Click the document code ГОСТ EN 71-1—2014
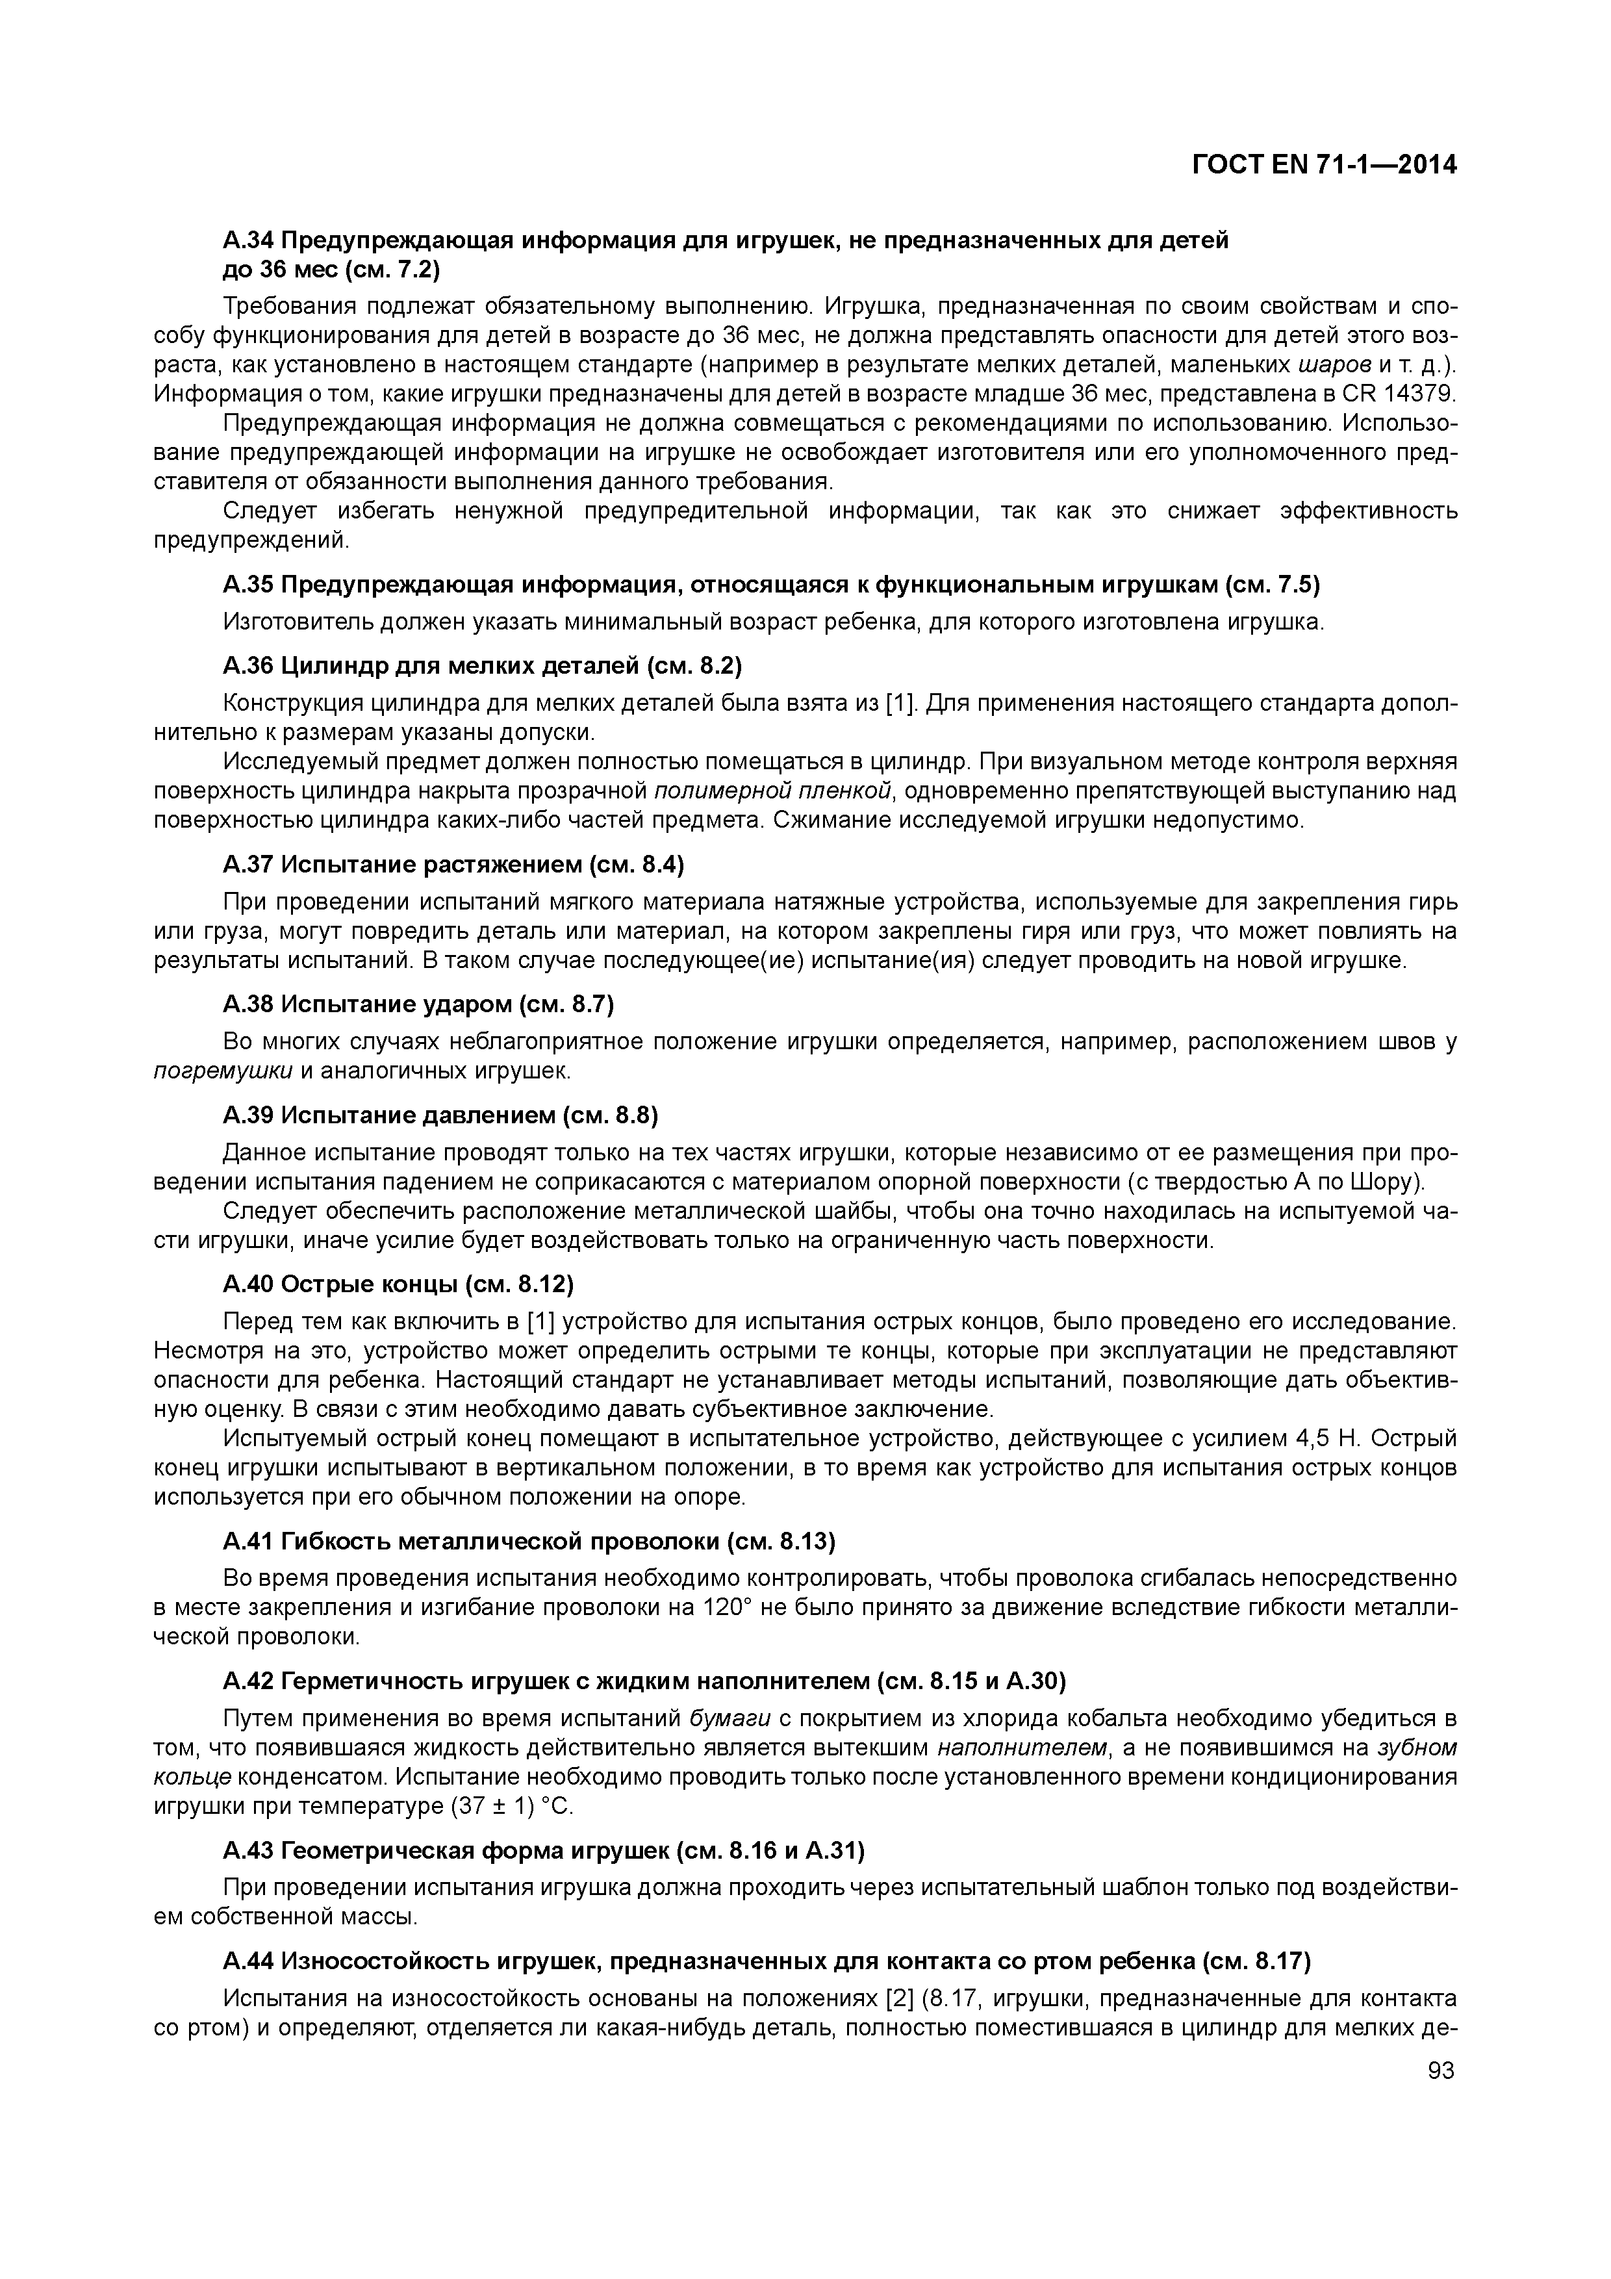1324,165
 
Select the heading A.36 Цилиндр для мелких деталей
483,664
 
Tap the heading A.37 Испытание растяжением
453,865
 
